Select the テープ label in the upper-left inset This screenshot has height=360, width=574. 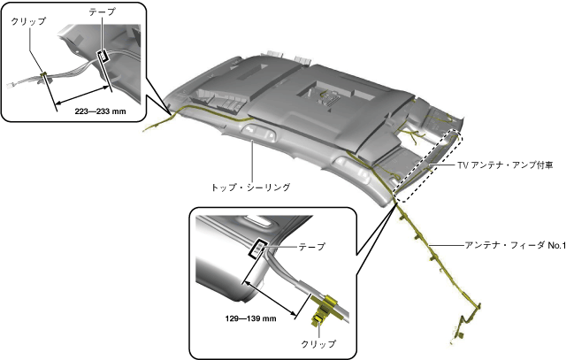[103, 12]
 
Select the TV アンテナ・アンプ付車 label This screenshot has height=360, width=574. [504, 165]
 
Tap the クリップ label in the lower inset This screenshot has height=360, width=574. [318, 343]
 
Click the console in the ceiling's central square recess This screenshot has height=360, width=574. [329, 96]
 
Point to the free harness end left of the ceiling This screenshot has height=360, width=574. [147, 128]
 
